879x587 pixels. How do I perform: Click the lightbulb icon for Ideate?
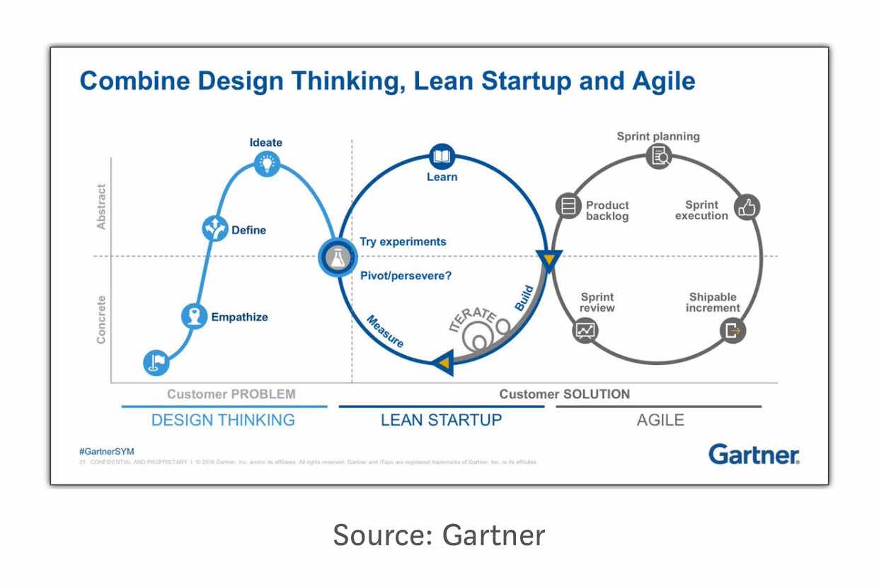[x=267, y=164]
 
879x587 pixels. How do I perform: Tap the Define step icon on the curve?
[x=214, y=228]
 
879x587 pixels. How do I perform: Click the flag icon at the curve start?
[x=156, y=363]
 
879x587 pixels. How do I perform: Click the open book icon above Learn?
[x=442, y=156]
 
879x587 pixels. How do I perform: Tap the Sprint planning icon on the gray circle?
[x=660, y=156]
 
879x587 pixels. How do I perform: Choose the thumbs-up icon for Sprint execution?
[x=747, y=207]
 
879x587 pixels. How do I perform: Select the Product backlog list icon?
[x=568, y=207]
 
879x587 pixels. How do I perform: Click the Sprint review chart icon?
[x=586, y=330]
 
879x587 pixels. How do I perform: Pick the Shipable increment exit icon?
[x=732, y=330]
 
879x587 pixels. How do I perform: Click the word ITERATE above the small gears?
[x=473, y=318]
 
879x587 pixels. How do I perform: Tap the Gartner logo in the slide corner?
[x=754, y=454]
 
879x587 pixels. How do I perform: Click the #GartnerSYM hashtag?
[x=106, y=451]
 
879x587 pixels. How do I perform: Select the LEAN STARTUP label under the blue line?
[x=441, y=420]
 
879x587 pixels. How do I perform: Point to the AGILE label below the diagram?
[x=660, y=420]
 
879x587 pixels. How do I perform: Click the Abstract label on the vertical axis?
[x=101, y=207]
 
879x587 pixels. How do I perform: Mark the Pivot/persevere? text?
[x=406, y=276]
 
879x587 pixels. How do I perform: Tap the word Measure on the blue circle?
[x=385, y=331]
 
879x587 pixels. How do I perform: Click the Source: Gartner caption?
[x=439, y=535]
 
